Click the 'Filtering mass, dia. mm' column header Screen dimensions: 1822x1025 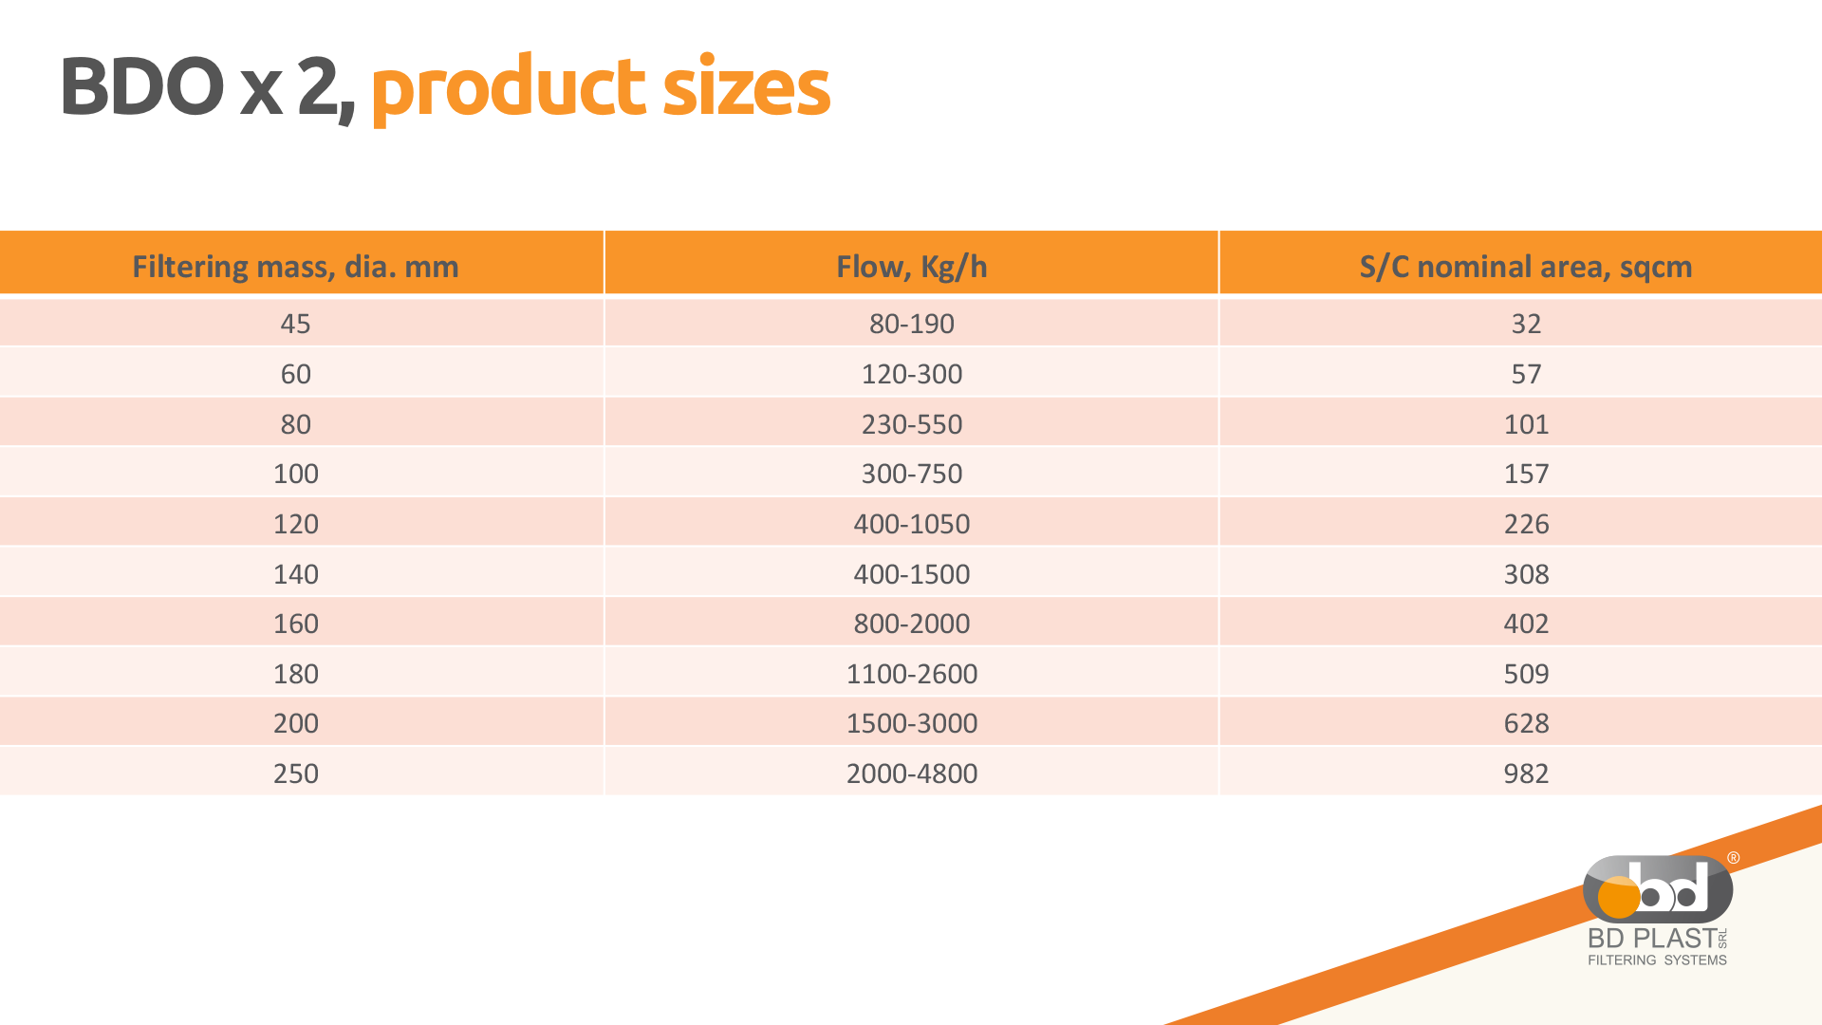(295, 267)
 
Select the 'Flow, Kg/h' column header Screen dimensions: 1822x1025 (912, 267)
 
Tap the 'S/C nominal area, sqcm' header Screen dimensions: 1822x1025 (1526, 267)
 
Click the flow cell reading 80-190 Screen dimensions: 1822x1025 (912, 324)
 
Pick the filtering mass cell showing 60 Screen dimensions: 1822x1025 (295, 374)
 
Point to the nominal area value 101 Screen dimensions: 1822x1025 (1526, 424)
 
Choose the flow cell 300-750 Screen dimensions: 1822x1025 (912, 474)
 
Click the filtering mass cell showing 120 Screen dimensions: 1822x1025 (295, 524)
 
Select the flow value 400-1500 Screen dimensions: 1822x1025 (912, 574)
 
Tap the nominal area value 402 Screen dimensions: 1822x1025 (1526, 624)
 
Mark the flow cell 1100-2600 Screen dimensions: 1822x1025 (912, 674)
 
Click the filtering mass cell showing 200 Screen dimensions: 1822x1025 (295, 723)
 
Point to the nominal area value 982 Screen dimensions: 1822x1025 (1526, 773)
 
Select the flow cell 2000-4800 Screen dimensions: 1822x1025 (912, 773)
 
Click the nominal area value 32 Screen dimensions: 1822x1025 (1526, 324)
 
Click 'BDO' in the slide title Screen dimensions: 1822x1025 (142, 87)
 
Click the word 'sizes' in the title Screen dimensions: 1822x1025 (746, 87)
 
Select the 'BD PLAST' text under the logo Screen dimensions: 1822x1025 (1652, 938)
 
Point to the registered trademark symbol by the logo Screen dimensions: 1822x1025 (1733, 858)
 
